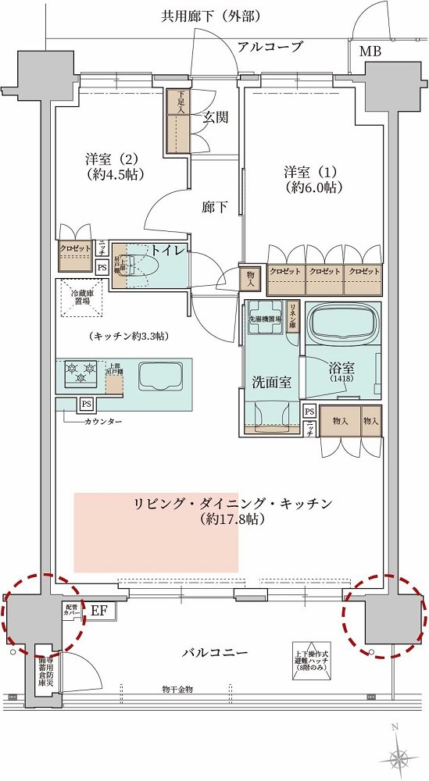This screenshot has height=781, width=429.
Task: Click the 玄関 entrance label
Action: pyautogui.click(x=216, y=118)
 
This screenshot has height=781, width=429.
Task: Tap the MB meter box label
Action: pyautogui.click(x=371, y=52)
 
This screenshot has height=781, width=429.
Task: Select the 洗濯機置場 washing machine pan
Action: pyautogui.click(x=264, y=319)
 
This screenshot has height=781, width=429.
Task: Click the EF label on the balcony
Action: pyautogui.click(x=99, y=611)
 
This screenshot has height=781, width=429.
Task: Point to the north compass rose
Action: pyautogui.click(x=399, y=755)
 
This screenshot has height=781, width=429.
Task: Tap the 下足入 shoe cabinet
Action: pyautogui.click(x=177, y=121)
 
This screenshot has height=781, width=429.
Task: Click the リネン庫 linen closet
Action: pyautogui.click(x=294, y=317)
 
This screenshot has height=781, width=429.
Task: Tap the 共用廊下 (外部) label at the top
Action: pyautogui.click(x=210, y=16)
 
